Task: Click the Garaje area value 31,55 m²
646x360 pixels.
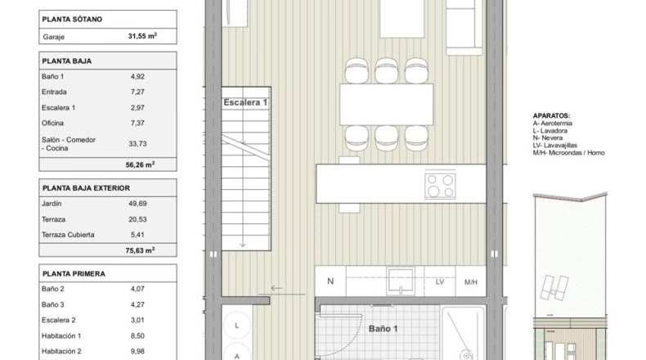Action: tap(142, 36)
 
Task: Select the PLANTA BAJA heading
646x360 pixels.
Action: tap(67, 61)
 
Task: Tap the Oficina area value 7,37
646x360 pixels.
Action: tap(137, 123)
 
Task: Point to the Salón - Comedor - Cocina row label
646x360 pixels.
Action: tap(69, 144)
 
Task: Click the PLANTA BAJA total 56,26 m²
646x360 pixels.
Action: tap(140, 164)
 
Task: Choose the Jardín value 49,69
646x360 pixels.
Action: tap(137, 203)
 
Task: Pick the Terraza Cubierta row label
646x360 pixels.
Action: tap(68, 235)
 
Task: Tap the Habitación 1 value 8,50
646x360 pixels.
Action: tap(137, 335)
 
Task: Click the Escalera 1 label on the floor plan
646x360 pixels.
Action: tap(245, 102)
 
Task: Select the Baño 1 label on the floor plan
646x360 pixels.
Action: tap(384, 329)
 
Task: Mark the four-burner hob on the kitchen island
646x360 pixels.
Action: tap(441, 186)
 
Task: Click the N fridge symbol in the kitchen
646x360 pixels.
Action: tap(330, 281)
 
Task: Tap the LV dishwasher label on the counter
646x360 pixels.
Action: tap(440, 282)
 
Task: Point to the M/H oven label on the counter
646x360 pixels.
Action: tap(470, 282)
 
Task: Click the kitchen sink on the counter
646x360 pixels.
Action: tap(401, 281)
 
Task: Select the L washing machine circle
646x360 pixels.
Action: tap(237, 326)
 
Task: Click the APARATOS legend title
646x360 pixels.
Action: tap(551, 116)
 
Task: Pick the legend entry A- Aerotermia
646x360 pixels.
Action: tap(553, 124)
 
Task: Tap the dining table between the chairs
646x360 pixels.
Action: tap(387, 105)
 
